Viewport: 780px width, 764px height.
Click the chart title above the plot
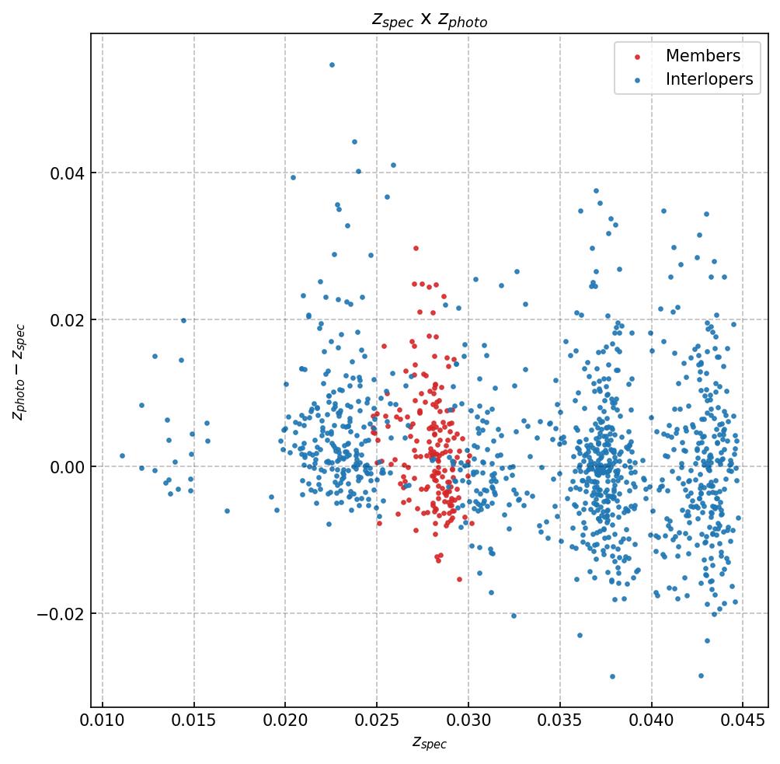coord(429,20)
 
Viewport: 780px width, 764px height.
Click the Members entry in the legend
coord(702,56)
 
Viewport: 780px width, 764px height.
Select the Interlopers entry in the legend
coord(709,79)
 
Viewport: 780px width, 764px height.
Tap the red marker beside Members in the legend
coord(637,57)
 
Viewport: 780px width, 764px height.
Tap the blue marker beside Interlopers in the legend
coord(637,80)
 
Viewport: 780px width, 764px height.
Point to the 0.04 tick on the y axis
coord(67,173)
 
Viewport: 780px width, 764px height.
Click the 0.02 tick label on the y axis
coord(67,319)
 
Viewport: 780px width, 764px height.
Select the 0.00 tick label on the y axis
coord(67,466)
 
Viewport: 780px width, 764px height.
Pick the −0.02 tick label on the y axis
coord(62,614)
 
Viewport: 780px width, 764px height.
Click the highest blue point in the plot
coord(332,65)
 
